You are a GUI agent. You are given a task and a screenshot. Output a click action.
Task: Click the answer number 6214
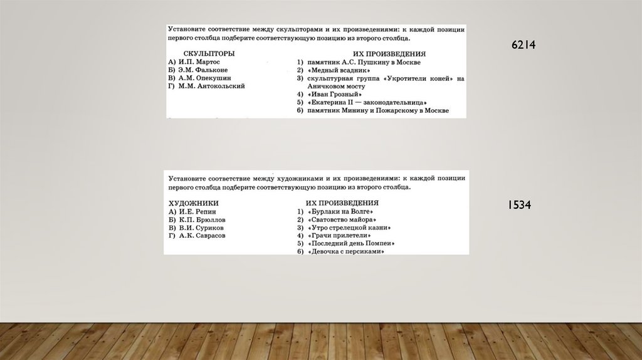(x=523, y=45)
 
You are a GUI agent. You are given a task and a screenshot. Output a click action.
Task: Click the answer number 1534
(x=519, y=205)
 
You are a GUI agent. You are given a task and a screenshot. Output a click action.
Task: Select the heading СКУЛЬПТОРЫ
(x=209, y=54)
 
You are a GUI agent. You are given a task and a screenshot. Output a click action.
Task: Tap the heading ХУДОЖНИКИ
(x=194, y=203)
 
